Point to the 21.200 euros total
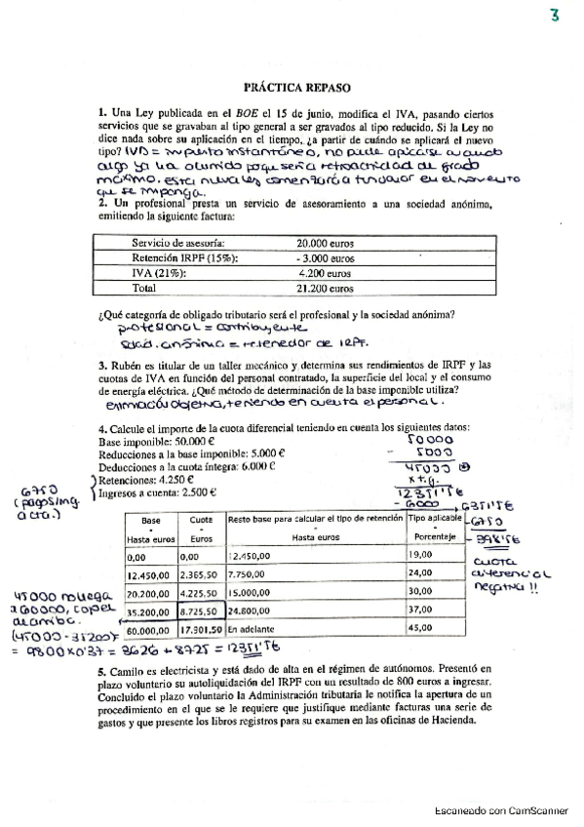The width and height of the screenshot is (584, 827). pos(326,289)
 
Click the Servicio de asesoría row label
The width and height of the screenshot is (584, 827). pos(178,242)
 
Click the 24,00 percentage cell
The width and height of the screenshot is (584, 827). pos(428,575)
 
